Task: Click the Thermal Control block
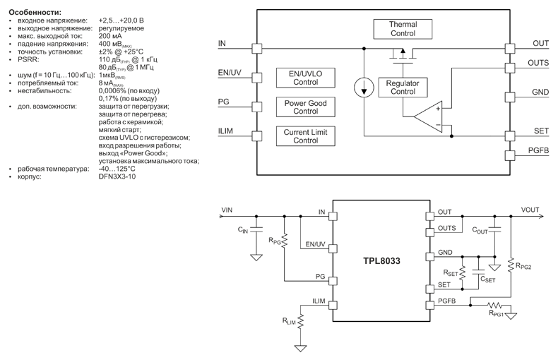pos(403,28)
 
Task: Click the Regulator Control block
pos(403,87)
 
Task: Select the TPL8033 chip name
pos(380,260)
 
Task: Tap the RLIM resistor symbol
pos(300,321)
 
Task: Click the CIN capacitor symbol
pos(256,227)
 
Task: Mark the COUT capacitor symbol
pos(495,227)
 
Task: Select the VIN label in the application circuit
pos(226,210)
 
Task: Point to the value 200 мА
pos(109,36)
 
